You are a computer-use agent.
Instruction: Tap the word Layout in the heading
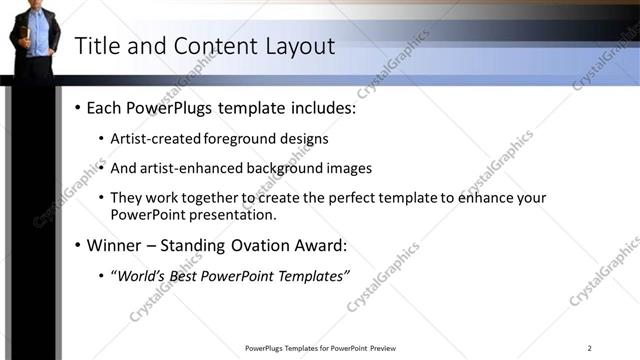click(x=299, y=46)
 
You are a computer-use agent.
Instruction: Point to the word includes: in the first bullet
click(x=322, y=107)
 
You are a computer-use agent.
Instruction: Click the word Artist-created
click(x=155, y=138)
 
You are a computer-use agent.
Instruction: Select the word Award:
click(x=323, y=245)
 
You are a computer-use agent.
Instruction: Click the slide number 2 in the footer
click(x=589, y=348)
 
